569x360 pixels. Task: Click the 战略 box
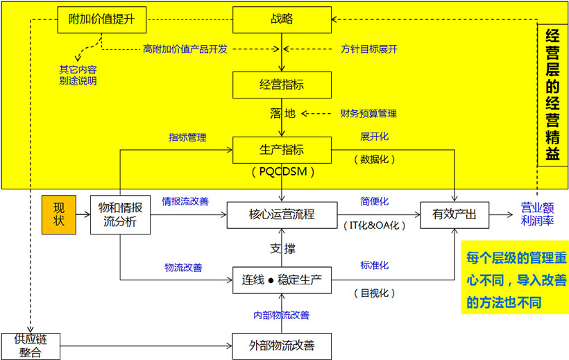pos(282,20)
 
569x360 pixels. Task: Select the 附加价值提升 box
pos(101,20)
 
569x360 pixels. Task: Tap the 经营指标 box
pos(282,85)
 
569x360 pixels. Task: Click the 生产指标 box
pos(282,150)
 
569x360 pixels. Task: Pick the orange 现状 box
pos(59,214)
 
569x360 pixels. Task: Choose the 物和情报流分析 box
pos(120,214)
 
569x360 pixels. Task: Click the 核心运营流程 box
pos(282,214)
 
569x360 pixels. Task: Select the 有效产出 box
pos(455,214)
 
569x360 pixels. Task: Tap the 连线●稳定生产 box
pos(282,280)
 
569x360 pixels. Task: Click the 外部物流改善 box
pos(282,345)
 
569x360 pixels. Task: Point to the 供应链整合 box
pos(31,345)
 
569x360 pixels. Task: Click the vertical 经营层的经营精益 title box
pos(553,95)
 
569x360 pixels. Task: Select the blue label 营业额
pos(537,207)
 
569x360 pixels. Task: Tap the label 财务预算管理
pos(368,113)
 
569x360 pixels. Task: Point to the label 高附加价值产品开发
pos(185,49)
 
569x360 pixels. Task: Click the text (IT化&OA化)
pos(375,225)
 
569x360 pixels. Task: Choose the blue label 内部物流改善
pos(281,315)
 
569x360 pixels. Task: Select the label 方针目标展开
pos(369,49)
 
